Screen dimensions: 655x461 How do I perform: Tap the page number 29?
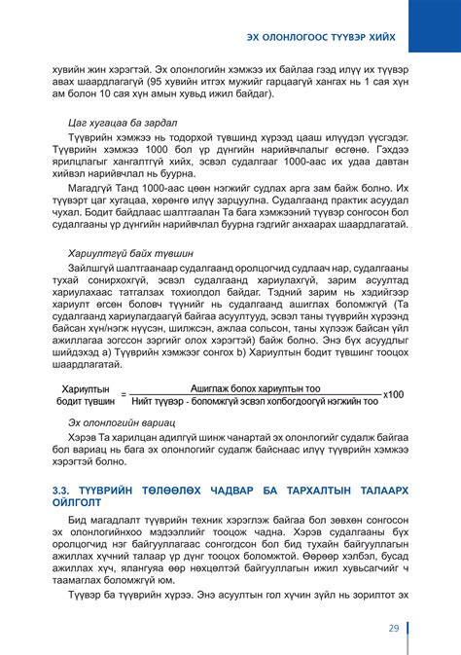[x=393, y=628]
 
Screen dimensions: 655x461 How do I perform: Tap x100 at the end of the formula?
[x=394, y=393]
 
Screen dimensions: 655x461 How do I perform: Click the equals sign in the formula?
[x=124, y=394]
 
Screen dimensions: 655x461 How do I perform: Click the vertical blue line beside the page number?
[x=408, y=628]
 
